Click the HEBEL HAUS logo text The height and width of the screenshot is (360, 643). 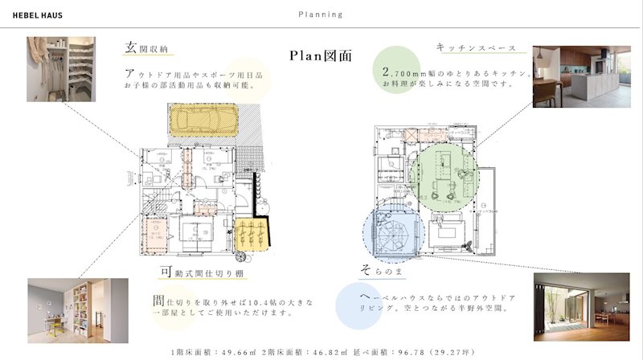point(38,14)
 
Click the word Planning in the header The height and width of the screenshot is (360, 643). point(320,14)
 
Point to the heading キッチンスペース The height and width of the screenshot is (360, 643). point(476,47)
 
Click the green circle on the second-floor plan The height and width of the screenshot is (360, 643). point(443,176)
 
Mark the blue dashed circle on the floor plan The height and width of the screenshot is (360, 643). point(391,234)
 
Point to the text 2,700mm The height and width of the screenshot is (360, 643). point(406,73)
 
